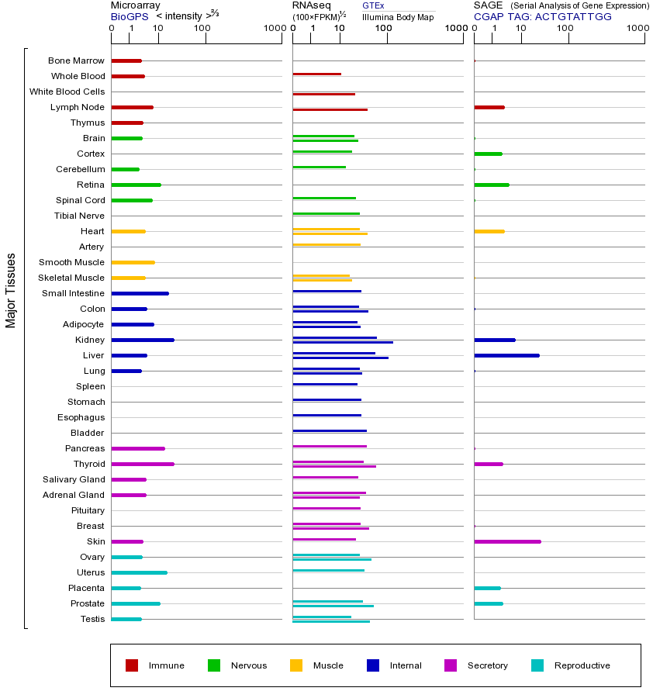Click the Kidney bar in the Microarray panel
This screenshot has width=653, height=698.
(143, 340)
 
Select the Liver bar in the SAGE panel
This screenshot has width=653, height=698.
(506, 355)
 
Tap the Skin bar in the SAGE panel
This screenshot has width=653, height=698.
(507, 541)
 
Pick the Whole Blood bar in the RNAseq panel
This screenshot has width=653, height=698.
(316, 74)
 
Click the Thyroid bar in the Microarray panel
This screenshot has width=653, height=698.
(143, 464)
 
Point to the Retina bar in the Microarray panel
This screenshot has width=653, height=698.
(136, 185)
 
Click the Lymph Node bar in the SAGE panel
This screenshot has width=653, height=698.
(489, 107)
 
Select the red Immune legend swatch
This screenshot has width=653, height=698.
(132, 665)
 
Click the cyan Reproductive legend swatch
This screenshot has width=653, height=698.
(537, 665)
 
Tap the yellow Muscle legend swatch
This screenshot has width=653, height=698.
(296, 665)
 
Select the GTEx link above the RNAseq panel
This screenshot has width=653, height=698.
(373, 5)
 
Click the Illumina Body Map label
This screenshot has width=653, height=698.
(398, 16)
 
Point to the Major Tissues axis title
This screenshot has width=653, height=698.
(11, 290)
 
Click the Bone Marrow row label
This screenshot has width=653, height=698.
(76, 60)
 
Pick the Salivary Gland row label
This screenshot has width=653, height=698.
(74, 479)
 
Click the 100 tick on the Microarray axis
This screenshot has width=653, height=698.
(202, 29)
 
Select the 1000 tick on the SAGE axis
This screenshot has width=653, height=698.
(637, 29)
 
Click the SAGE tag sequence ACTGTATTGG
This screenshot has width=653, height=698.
(573, 16)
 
